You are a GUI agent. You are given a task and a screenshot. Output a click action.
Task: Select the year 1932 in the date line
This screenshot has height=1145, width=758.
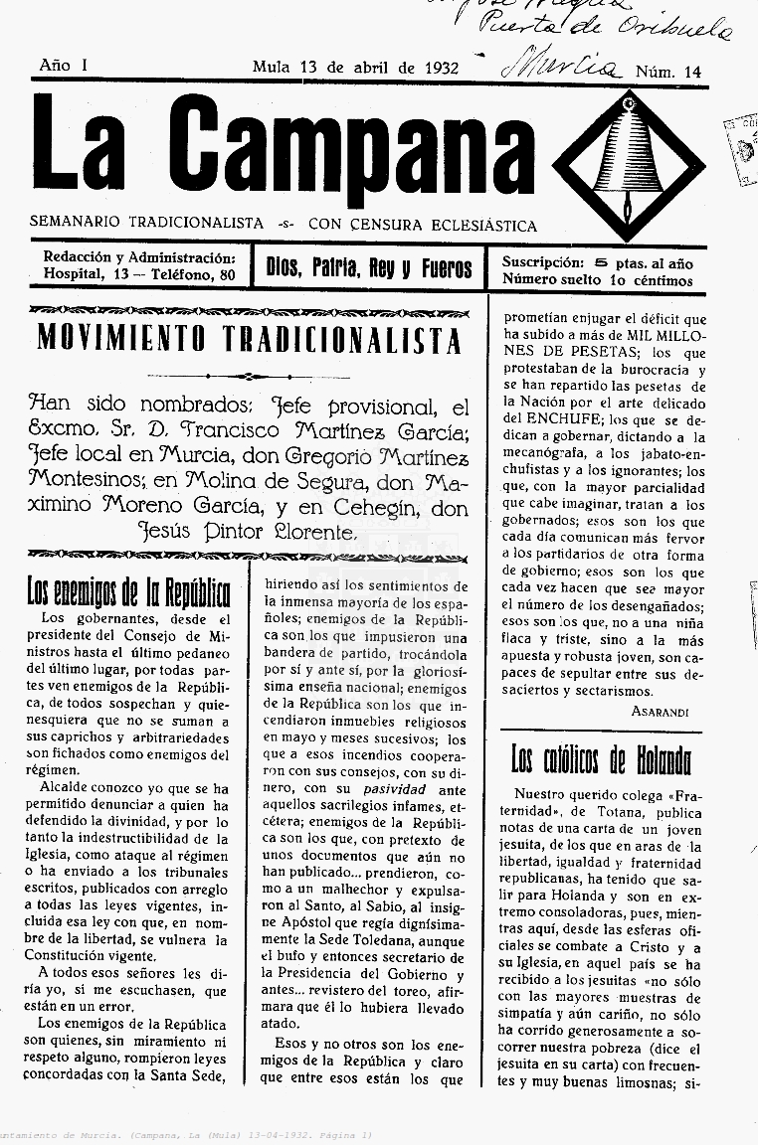click(440, 69)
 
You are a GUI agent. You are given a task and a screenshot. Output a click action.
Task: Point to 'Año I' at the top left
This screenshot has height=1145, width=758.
click(64, 65)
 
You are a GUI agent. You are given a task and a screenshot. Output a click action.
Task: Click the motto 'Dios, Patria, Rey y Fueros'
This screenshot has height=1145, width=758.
click(369, 267)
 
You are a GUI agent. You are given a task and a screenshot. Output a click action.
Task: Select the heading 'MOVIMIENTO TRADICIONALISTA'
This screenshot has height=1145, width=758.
click(249, 340)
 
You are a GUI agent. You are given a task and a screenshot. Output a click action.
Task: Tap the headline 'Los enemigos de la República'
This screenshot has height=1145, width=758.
click(128, 592)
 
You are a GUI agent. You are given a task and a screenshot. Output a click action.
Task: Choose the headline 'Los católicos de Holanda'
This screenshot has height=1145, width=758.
click(601, 761)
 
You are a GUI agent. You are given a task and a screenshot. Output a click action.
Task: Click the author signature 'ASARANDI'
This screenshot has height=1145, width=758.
click(660, 712)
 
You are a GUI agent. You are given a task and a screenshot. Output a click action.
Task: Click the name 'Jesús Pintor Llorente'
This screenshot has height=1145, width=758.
click(248, 531)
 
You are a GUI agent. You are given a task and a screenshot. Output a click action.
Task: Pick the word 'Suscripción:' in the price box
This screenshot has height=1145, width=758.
click(542, 263)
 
